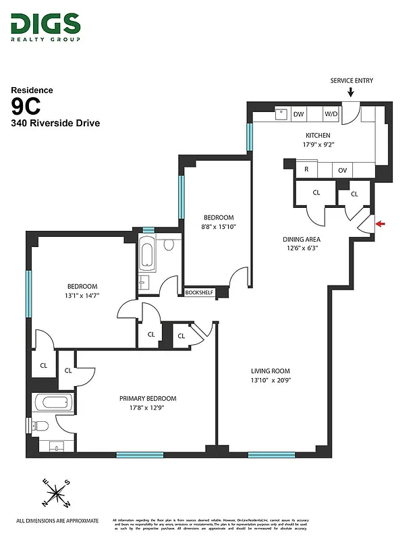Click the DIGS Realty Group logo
[45, 27]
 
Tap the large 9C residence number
[26, 106]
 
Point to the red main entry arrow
[381, 224]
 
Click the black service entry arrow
[351, 92]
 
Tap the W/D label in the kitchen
[331, 114]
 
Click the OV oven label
[342, 169]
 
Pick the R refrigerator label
[306, 169]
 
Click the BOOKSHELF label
[199, 292]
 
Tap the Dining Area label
[301, 239]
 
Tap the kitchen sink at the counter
[282, 113]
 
